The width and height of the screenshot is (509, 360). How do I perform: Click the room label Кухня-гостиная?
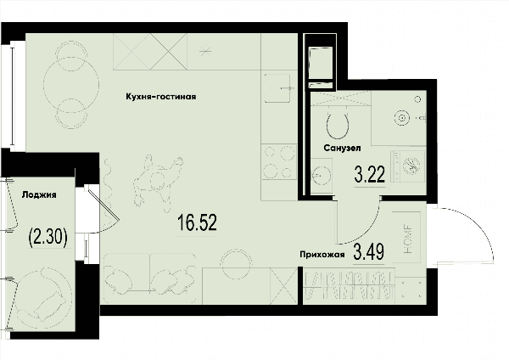pyautogui.click(x=161, y=97)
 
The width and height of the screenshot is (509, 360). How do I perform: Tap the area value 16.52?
pyautogui.click(x=197, y=222)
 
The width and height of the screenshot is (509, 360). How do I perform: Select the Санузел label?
pyautogui.click(x=342, y=148)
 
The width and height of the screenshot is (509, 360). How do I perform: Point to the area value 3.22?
pyautogui.click(x=370, y=174)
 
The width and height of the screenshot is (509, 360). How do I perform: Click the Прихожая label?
pyautogui.click(x=322, y=255)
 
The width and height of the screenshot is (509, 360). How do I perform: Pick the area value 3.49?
pyautogui.click(x=369, y=252)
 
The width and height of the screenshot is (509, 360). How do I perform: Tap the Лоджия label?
pyautogui.click(x=39, y=195)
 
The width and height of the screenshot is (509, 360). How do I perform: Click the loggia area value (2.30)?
pyautogui.click(x=48, y=237)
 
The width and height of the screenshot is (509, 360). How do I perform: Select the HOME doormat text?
pyautogui.click(x=408, y=239)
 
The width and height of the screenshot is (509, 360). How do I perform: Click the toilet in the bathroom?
pyautogui.click(x=338, y=125)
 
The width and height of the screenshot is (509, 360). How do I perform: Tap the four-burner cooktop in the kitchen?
pyautogui.click(x=279, y=162)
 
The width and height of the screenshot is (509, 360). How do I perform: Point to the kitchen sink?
pyautogui.click(x=278, y=88)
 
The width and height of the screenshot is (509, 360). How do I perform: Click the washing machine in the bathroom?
pyautogui.click(x=408, y=166)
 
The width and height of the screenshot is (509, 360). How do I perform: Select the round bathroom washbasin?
pyautogui.click(x=321, y=176)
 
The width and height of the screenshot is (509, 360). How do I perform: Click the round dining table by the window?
pyautogui.click(x=71, y=85)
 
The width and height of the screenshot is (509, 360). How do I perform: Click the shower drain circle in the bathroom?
pyautogui.click(x=402, y=118)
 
